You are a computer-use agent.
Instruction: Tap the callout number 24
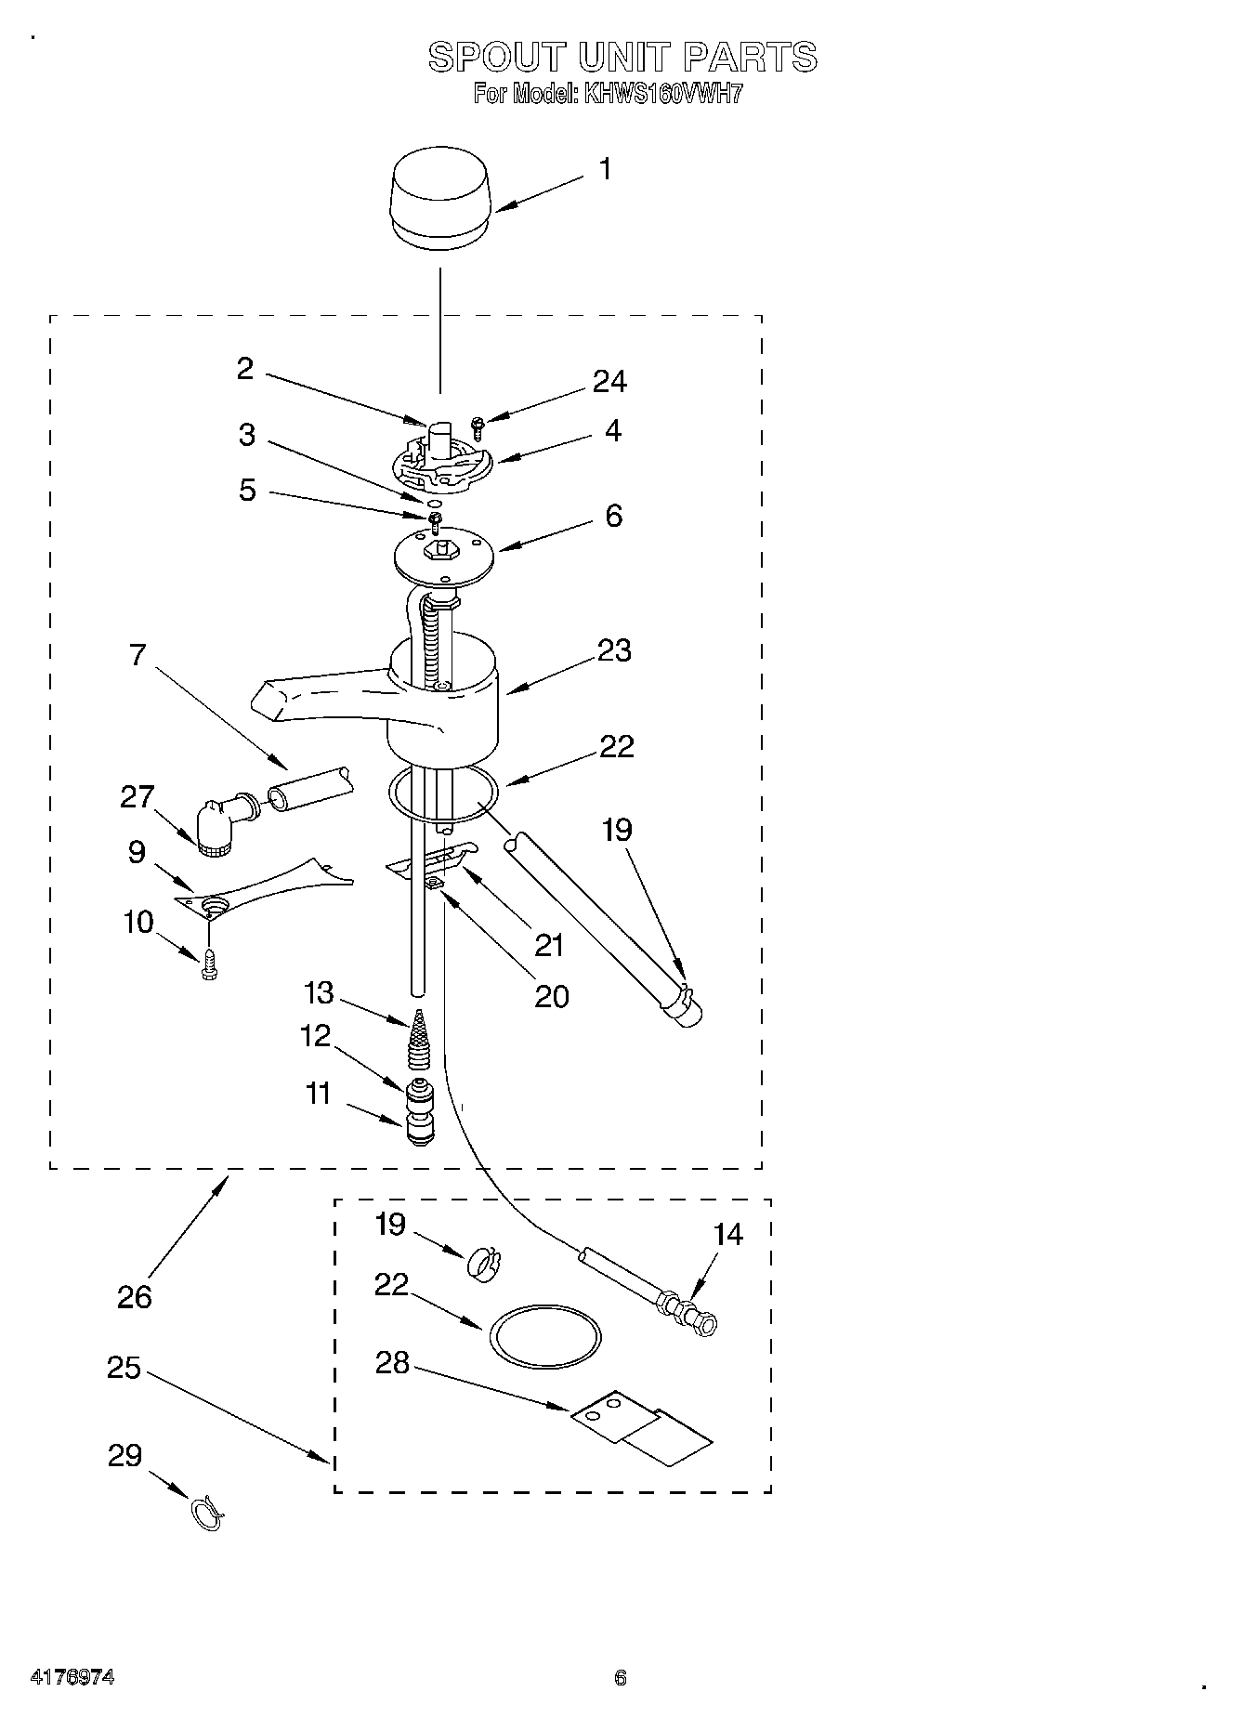(609, 381)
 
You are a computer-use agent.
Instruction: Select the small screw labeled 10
(209, 967)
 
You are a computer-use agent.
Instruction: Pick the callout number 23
(614, 650)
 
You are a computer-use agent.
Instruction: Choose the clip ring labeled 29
(208, 1512)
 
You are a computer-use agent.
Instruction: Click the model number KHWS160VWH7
(661, 94)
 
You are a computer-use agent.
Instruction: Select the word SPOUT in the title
(494, 58)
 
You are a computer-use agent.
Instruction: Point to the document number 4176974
(72, 1678)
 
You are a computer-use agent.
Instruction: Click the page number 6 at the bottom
(621, 1678)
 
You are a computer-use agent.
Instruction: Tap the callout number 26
(134, 1296)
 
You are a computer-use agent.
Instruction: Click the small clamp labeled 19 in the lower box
(478, 1262)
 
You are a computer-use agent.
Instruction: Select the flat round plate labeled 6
(442, 556)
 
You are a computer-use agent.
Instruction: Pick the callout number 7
(137, 655)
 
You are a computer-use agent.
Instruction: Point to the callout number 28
(392, 1363)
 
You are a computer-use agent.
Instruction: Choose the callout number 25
(124, 1368)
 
